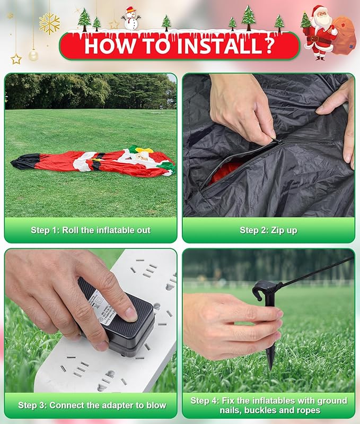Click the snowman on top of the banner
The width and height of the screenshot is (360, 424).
(131, 18)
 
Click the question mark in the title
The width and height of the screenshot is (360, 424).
(270, 45)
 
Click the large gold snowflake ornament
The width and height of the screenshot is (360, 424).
(49, 24)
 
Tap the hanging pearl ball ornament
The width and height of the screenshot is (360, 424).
(33, 55)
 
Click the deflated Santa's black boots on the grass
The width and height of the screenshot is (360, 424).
(25, 161)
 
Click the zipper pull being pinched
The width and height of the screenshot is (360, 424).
(276, 141)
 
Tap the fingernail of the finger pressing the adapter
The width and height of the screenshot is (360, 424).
(131, 314)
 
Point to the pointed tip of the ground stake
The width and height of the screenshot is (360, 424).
(270, 368)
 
